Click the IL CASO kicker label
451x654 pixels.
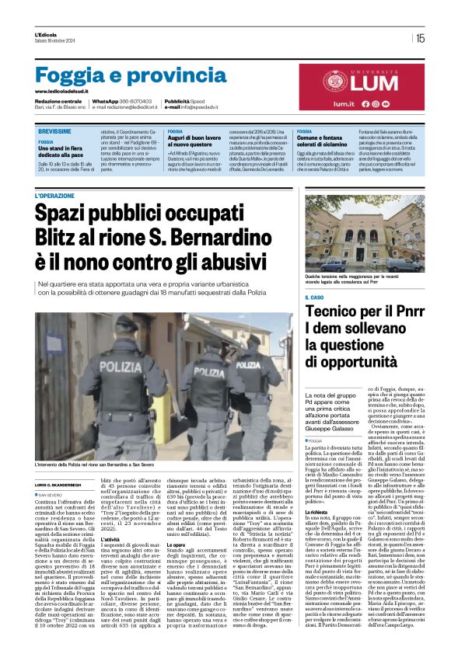(316, 297)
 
